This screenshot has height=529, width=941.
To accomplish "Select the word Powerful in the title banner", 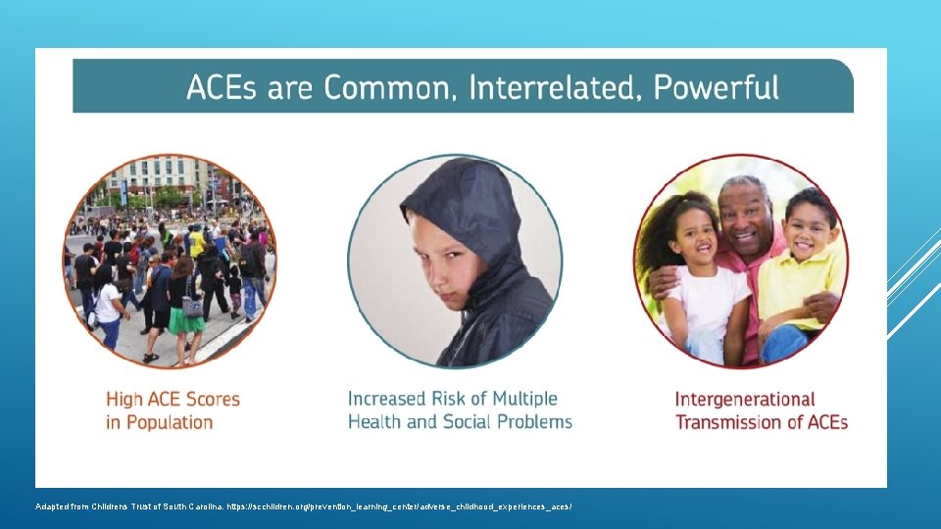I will [716, 88].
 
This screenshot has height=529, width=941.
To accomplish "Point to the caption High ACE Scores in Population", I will [173, 410].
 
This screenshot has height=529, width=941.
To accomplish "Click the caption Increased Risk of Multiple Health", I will [459, 410].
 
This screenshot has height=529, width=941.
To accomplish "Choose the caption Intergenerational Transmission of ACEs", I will [761, 410].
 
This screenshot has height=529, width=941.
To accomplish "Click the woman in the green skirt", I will [186, 304].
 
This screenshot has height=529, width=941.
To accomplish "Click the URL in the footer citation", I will [398, 506].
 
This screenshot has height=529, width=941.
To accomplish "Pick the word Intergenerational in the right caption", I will [744, 399].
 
